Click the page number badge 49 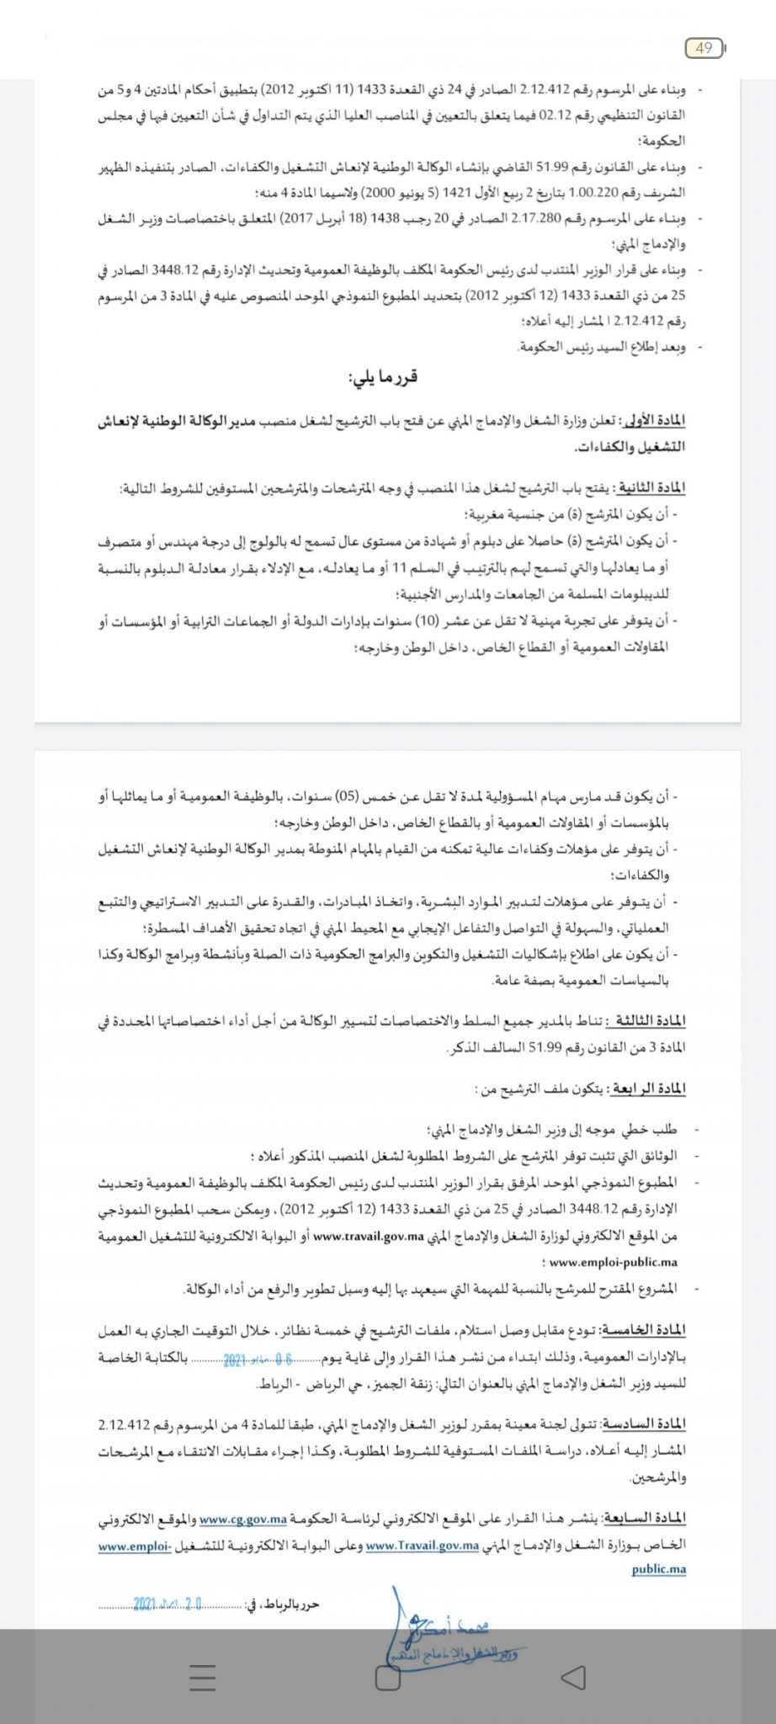[x=704, y=48]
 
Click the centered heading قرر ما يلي [x=382, y=378]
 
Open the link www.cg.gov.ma [x=243, y=1519]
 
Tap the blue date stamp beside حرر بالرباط [x=167, y=1604]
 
